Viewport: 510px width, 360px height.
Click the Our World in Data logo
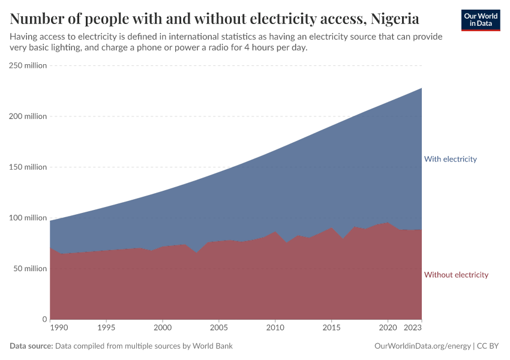coord(480,20)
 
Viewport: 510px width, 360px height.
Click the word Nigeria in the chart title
coord(395,19)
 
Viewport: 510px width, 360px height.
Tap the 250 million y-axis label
coord(28,65)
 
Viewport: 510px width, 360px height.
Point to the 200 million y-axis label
coord(28,116)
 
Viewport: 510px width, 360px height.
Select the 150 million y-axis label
coord(28,167)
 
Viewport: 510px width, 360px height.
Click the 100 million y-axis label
coord(28,218)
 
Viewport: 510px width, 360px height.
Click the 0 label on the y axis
coord(44,319)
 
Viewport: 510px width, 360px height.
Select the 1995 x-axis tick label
coord(106,328)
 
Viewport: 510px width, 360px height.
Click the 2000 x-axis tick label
coord(162,328)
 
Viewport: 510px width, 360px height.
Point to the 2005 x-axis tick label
coord(218,328)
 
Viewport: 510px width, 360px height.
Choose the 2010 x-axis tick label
coord(275,328)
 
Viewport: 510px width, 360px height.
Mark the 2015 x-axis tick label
coord(331,328)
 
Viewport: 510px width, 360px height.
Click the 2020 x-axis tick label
coord(387,328)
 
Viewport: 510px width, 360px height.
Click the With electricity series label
coord(450,159)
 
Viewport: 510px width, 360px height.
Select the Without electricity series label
coord(456,275)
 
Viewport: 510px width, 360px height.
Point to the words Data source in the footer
coord(31,346)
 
